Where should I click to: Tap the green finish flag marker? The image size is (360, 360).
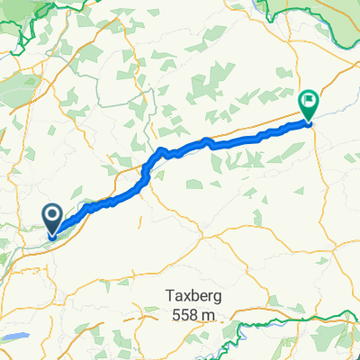click(308, 104)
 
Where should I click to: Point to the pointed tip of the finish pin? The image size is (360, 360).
click(308, 121)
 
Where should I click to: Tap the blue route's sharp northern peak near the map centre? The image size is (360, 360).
click(161, 148)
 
